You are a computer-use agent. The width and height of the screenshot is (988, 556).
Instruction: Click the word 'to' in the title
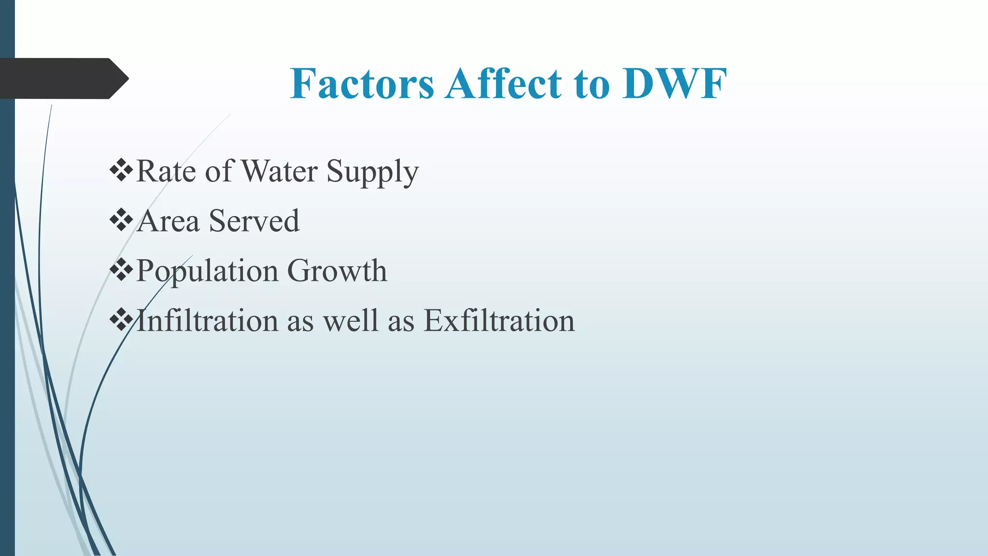(591, 84)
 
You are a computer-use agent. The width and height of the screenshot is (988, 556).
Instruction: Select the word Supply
(372, 173)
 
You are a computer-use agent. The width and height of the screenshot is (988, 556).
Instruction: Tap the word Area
(168, 221)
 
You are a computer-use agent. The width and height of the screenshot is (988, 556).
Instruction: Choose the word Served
(254, 221)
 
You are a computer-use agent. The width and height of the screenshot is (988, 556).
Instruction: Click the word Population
(207, 271)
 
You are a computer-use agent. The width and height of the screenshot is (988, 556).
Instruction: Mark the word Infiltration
(207, 320)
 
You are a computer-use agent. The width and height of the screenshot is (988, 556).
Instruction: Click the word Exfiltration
(499, 320)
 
